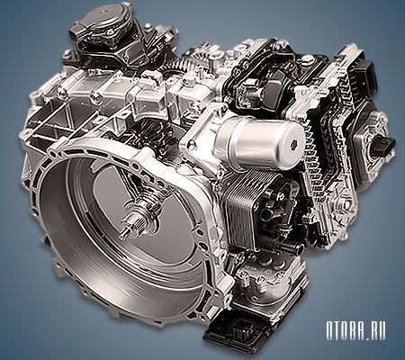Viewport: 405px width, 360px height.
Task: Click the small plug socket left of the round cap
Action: tap(77, 34)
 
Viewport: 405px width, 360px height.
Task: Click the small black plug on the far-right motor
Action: tap(385, 143)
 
